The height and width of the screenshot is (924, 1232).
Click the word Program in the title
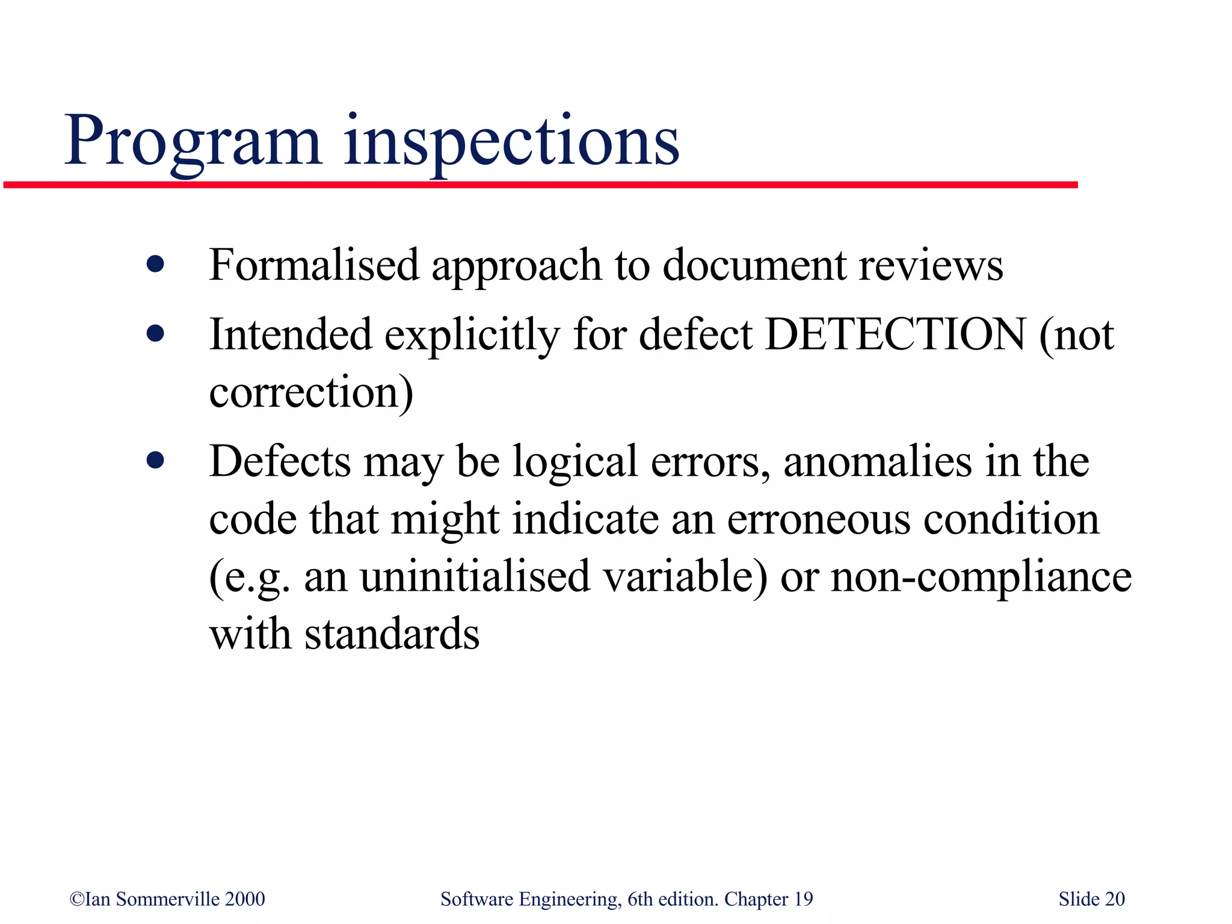tap(192, 142)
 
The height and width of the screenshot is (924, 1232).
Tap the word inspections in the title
tap(511, 142)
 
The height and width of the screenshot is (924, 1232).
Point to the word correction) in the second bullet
tap(311, 392)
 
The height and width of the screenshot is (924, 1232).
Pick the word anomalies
tap(878, 461)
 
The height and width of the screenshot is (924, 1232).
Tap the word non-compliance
tap(981, 576)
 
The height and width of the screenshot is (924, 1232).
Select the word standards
tap(392, 634)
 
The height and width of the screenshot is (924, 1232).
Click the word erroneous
tap(819, 519)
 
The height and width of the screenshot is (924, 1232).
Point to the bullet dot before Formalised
tap(155, 264)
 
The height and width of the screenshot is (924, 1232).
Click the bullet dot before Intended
tap(155, 334)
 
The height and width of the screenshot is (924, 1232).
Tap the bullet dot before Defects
tap(155, 461)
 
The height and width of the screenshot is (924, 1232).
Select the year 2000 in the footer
tap(245, 899)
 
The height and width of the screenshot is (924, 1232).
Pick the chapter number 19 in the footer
tap(803, 899)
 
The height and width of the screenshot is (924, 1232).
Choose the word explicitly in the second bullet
tap(472, 334)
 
